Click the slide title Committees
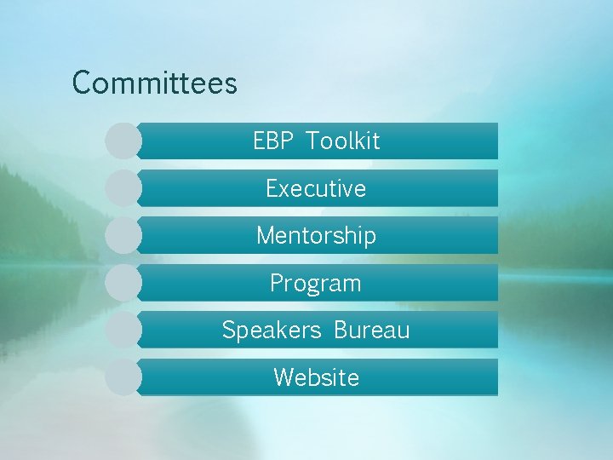pyautogui.click(x=154, y=83)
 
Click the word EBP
pyautogui.click(x=272, y=141)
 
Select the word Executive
pyautogui.click(x=316, y=188)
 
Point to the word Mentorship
pyautogui.click(x=316, y=235)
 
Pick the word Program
pyautogui.click(x=316, y=284)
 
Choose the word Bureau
pyautogui.click(x=371, y=330)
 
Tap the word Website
pyautogui.click(x=316, y=377)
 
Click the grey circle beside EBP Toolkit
pyautogui.click(x=123, y=141)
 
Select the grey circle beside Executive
pyautogui.click(x=123, y=188)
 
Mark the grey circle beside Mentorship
pyautogui.click(x=123, y=235)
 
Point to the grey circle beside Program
pyautogui.click(x=123, y=283)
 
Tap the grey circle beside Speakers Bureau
pyautogui.click(x=123, y=330)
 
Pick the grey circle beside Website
pyautogui.click(x=123, y=377)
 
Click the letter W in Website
pyautogui.click(x=284, y=377)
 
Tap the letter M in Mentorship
pyautogui.click(x=266, y=235)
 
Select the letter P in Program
pyautogui.click(x=277, y=283)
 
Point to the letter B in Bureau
pyautogui.click(x=341, y=330)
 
